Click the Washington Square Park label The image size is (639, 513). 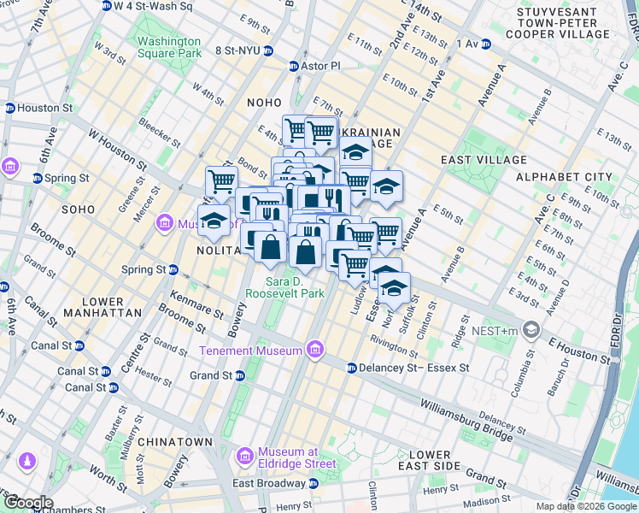point(169,47)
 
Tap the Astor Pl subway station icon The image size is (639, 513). point(294,66)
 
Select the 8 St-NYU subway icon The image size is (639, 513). point(267,51)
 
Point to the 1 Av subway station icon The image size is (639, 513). point(486,44)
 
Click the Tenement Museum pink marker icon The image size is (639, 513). point(315,350)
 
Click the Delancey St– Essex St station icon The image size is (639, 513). point(351,368)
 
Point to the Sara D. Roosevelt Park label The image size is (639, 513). point(284,287)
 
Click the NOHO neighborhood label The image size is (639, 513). point(263,103)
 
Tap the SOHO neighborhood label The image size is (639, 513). point(78,209)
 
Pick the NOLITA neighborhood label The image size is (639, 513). point(220,251)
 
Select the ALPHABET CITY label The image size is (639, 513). point(565,177)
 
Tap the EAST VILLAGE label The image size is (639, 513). point(484,160)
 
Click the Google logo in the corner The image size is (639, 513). point(27,503)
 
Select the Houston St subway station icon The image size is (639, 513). point(9,109)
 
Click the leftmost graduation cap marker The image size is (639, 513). point(214,220)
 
